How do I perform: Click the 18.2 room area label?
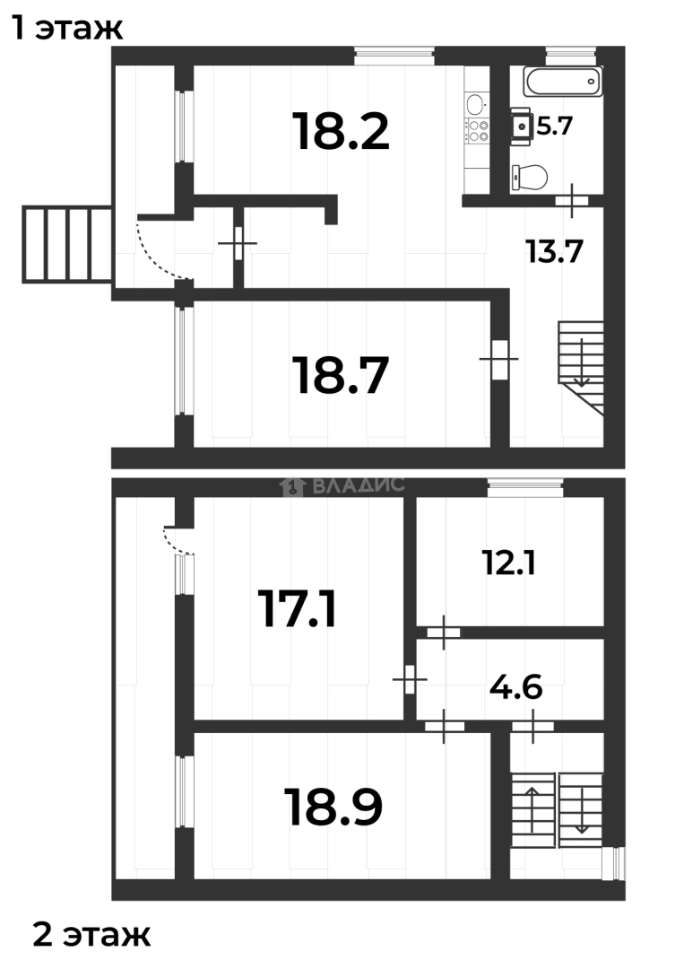(341, 132)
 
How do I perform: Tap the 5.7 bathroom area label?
(555, 126)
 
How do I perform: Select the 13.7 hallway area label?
(555, 252)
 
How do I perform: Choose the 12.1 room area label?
(508, 563)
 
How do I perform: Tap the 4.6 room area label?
(515, 690)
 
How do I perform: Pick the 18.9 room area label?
(333, 807)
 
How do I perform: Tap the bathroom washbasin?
(520, 126)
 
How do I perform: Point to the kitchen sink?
(475, 101)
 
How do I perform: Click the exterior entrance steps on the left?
(67, 244)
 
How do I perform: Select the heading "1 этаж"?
(66, 29)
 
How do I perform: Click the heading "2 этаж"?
(91, 936)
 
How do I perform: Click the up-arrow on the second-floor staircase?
(531, 807)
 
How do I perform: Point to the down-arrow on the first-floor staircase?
(582, 363)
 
